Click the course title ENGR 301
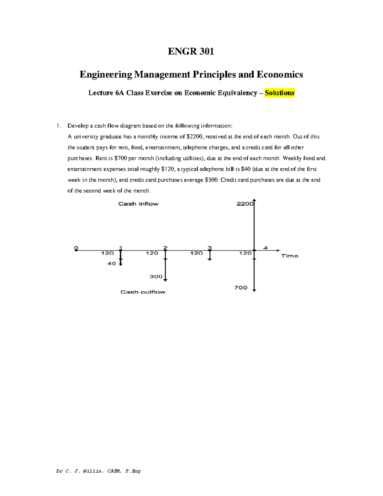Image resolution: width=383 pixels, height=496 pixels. click(191, 51)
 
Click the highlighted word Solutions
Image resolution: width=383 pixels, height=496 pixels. click(279, 93)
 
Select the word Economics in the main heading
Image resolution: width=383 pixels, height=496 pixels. click(280, 74)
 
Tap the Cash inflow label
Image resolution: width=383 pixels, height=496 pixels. click(138, 204)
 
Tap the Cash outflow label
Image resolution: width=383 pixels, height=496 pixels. click(143, 292)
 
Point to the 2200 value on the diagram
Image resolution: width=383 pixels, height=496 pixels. click(245, 204)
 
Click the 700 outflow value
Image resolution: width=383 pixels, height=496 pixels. click(241, 288)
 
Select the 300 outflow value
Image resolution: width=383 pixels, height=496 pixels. click(156, 277)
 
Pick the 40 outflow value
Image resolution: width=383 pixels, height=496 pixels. click(111, 263)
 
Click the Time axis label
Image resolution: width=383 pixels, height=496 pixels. click(289, 256)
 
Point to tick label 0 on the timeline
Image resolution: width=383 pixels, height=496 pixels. click(76, 248)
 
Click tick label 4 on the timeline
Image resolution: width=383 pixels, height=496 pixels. click(265, 248)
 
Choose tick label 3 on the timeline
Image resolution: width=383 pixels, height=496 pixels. click(209, 248)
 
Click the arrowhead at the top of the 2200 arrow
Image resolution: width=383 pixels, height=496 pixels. click(254, 201)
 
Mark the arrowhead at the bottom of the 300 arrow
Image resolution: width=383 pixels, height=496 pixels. click(165, 280)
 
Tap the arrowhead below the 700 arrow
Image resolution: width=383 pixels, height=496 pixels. click(254, 290)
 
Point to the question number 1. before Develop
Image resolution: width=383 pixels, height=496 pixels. click(58, 126)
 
